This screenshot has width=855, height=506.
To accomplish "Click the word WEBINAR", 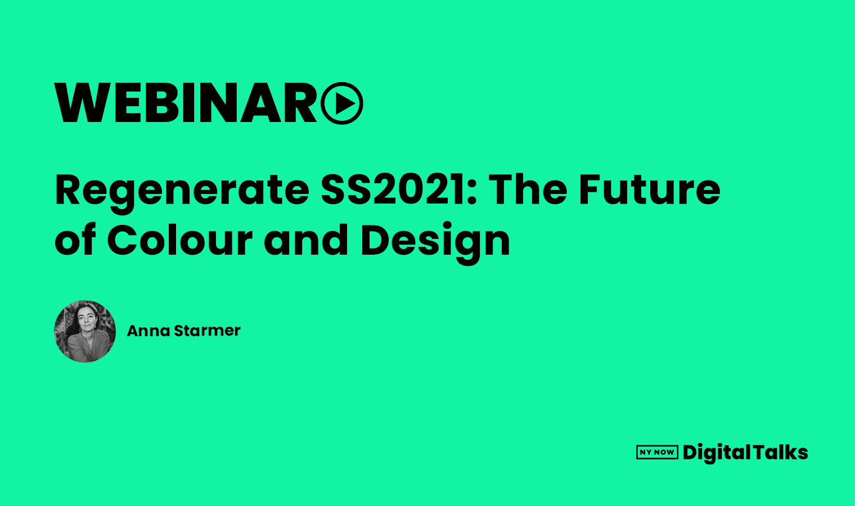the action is point(186,103).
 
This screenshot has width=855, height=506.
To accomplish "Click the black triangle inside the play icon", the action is point(345,103).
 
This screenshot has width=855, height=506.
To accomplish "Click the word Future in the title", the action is point(650,189).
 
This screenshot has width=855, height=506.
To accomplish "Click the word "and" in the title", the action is point(306,241).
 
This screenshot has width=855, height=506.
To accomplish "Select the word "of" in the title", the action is point(75,241).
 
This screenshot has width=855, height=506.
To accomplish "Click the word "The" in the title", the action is point(528,189).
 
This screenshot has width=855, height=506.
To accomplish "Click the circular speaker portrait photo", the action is point(85,331).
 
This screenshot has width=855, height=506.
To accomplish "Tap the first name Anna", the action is point(148,331).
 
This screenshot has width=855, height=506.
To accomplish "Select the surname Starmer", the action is point(207,331).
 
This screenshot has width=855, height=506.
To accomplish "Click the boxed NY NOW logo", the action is point(657,452).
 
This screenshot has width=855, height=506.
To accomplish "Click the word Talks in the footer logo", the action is point(780,452).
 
